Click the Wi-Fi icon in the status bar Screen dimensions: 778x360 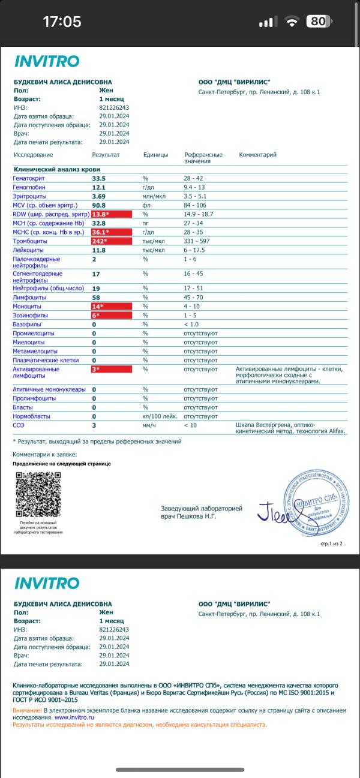tap(292, 22)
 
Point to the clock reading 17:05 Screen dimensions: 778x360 tap(62, 22)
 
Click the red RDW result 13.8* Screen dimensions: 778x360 tap(111, 214)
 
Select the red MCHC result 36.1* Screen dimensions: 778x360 tap(111, 232)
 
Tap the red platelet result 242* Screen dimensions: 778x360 tap(111, 241)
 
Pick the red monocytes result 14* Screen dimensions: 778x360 tap(111, 306)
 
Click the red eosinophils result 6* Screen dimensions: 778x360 tap(111, 315)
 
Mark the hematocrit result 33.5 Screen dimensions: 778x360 tap(98, 179)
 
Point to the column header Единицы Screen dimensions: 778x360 tap(155, 155)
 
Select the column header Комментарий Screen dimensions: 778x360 tap(257, 155)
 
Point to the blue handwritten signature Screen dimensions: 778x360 tap(274, 512)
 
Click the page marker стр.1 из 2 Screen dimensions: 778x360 tap(331, 544)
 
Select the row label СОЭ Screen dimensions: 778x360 tap(19, 425)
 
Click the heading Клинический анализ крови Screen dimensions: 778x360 tap(53, 170)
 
